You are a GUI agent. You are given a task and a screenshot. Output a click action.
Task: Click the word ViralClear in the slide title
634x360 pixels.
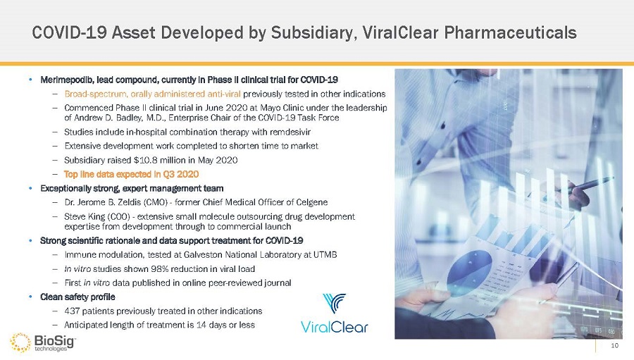click(401, 33)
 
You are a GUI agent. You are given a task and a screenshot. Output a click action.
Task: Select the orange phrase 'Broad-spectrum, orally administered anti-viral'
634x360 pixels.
click(152, 94)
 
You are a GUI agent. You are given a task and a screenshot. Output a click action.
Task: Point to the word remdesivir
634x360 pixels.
click(290, 132)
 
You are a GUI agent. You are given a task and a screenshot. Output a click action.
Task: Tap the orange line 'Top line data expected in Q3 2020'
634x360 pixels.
click(132, 174)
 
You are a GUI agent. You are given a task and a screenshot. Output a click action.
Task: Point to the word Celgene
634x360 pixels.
click(313, 202)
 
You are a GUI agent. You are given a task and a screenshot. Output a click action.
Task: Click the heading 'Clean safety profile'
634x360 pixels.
click(77, 297)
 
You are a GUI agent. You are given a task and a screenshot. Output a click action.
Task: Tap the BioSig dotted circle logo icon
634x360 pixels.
click(20, 342)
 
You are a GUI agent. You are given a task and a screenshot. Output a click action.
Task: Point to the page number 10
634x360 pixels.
click(614, 345)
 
